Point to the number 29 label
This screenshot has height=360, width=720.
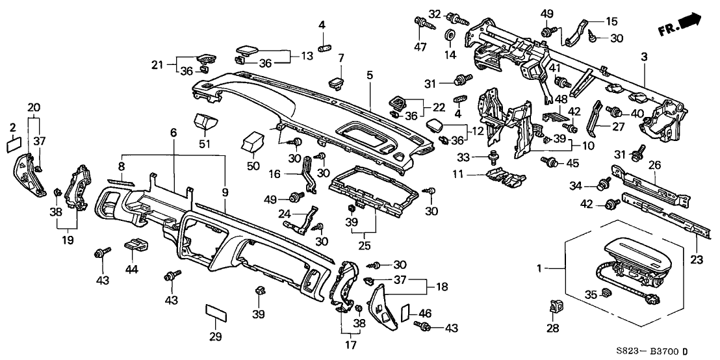click(x=215, y=337)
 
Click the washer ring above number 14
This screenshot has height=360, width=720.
click(x=450, y=34)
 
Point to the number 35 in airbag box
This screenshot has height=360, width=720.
click(x=591, y=294)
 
